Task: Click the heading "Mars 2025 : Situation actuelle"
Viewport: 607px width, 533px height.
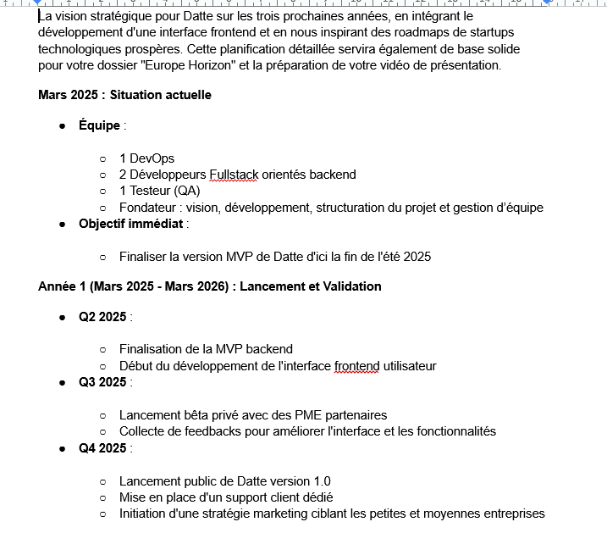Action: click(x=124, y=95)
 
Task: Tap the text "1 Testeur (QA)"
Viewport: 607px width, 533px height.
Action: click(x=159, y=191)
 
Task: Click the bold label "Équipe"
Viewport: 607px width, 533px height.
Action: click(x=99, y=125)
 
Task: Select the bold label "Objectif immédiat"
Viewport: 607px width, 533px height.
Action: click(x=130, y=224)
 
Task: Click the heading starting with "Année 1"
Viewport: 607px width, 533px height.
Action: click(x=209, y=286)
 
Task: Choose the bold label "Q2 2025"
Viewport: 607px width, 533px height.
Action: click(x=102, y=317)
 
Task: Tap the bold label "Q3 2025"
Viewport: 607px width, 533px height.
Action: click(x=102, y=382)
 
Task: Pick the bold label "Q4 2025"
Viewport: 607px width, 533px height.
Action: click(x=102, y=448)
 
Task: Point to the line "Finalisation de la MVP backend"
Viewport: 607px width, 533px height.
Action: click(x=206, y=349)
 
